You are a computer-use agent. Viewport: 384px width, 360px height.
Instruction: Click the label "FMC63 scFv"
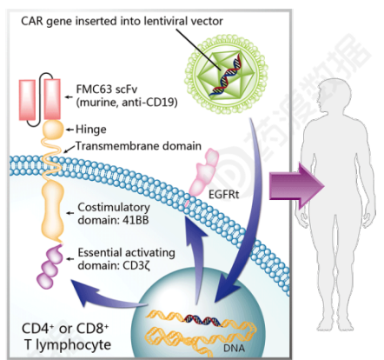click(x=107, y=89)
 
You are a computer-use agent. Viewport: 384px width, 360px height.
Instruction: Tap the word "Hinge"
click(x=91, y=130)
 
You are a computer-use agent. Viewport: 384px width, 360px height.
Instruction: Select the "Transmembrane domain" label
click(x=138, y=146)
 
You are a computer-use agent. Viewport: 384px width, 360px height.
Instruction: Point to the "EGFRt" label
click(x=223, y=195)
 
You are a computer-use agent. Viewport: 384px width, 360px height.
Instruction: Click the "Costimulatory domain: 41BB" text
click(x=114, y=214)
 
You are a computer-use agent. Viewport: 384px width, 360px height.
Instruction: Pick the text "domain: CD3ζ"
click(x=114, y=265)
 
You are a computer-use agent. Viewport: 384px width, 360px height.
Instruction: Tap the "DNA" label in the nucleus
click(x=234, y=348)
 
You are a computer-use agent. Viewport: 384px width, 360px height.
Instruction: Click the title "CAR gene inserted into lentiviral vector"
click(x=122, y=21)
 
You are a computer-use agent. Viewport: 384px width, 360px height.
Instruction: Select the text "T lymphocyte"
click(x=68, y=345)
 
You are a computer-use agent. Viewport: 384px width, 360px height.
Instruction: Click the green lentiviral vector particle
click(x=226, y=75)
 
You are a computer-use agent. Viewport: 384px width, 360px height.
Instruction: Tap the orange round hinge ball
click(x=53, y=130)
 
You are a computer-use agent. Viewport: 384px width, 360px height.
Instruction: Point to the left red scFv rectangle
click(x=27, y=100)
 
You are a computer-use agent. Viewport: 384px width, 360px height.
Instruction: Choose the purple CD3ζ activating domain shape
click(x=50, y=267)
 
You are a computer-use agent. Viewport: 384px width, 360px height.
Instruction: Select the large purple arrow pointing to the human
click(x=296, y=185)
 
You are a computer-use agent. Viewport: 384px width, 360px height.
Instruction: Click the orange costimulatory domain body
click(x=52, y=210)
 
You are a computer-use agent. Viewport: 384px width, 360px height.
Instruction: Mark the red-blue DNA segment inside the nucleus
click(x=202, y=320)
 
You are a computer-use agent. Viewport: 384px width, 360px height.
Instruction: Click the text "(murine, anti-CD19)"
click(x=127, y=103)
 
